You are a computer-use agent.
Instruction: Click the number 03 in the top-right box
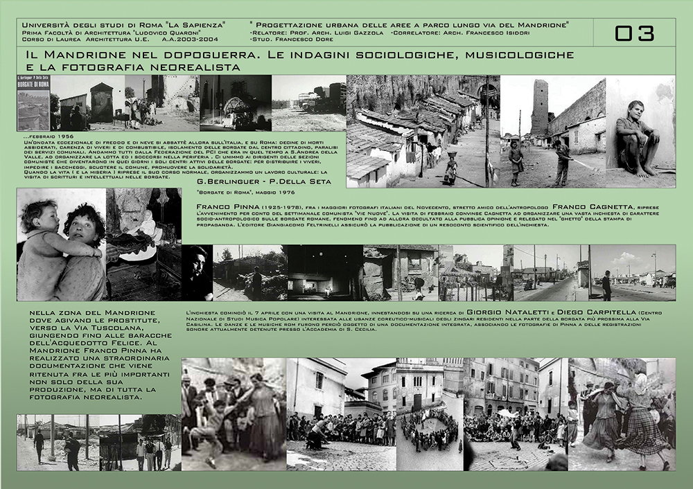(634, 33)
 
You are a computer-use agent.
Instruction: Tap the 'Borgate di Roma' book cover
(33, 103)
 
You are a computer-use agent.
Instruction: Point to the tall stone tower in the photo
(539, 107)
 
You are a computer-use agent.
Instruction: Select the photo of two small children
(61, 242)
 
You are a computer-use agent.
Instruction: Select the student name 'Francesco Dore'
(302, 42)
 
